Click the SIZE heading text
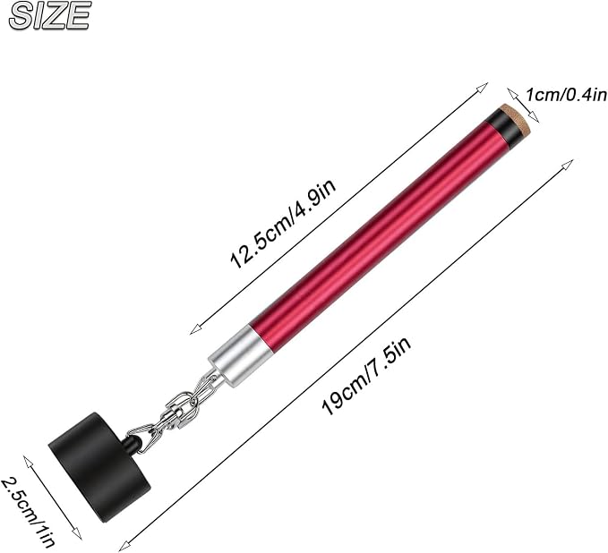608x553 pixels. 49,15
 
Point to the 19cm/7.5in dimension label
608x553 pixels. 367,375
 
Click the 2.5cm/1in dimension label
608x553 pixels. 28,513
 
